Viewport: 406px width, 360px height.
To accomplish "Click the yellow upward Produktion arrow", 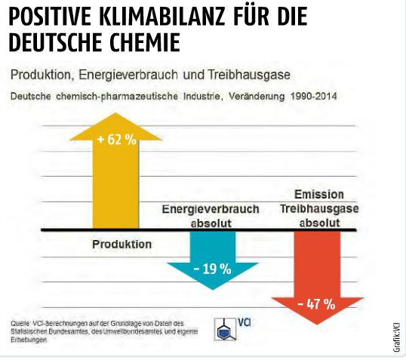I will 115,181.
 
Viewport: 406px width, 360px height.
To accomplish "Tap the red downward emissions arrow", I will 316,279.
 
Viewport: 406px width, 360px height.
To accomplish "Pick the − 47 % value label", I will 316,304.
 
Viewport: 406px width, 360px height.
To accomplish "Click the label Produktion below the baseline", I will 121,245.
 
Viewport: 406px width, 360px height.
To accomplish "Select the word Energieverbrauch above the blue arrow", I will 211,209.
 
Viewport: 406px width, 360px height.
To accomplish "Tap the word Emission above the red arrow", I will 318,194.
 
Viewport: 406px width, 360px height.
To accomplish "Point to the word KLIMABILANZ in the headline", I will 161,17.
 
